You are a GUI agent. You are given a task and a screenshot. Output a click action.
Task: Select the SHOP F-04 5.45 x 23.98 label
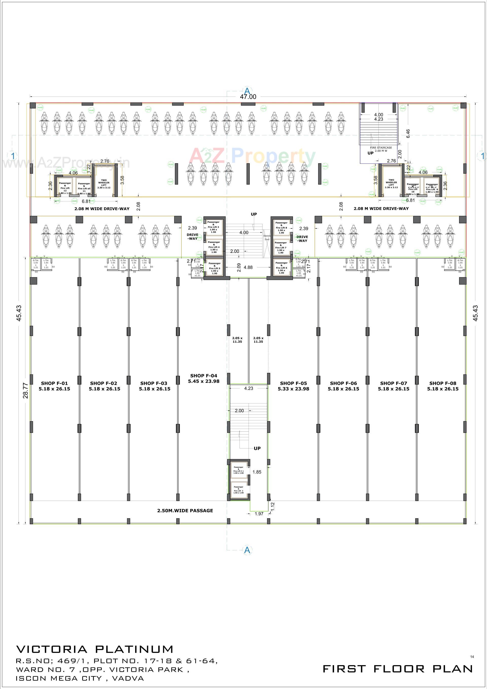coord(204,378)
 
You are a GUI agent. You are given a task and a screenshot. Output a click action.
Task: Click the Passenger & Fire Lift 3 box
coord(214,227)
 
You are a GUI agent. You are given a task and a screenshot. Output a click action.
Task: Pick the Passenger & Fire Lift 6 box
coord(282,268)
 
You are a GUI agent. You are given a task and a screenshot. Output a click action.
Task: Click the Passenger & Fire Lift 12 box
coord(65,188)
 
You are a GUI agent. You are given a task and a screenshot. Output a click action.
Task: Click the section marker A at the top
coord(247,91)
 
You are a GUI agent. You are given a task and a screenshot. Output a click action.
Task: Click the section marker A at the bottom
coord(247,550)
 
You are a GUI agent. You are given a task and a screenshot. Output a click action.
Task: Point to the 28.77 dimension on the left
coord(26,390)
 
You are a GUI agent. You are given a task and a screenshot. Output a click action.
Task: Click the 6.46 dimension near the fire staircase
coord(408,134)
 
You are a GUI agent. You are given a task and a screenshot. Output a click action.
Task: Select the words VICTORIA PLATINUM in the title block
coord(95,649)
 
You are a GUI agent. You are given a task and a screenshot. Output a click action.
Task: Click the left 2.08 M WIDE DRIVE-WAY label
coord(102,209)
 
